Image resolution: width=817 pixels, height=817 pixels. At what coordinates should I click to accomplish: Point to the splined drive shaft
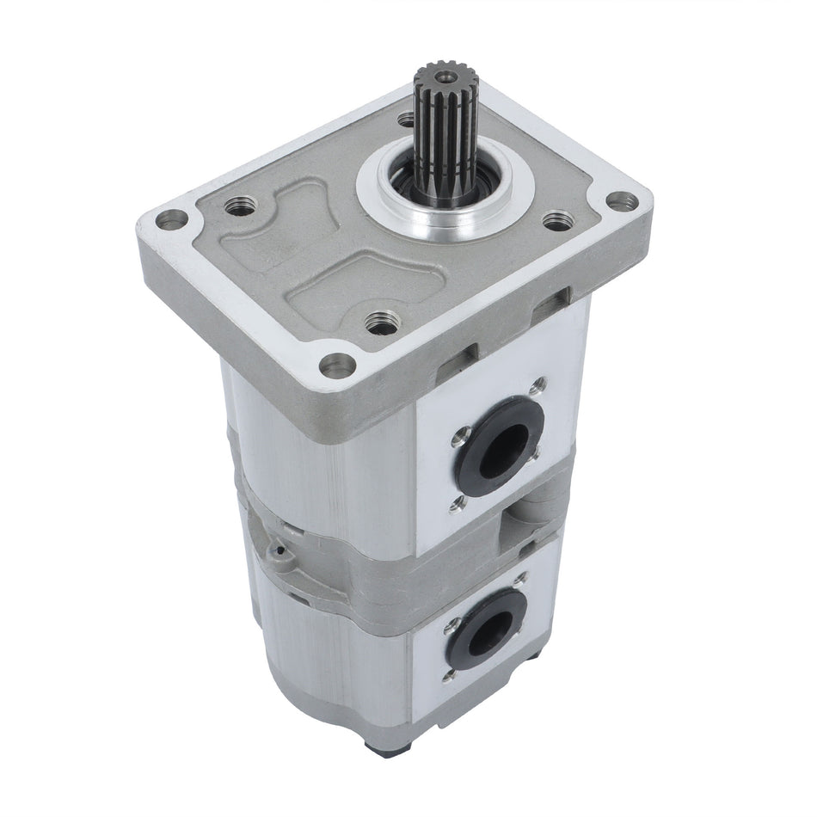(x=443, y=138)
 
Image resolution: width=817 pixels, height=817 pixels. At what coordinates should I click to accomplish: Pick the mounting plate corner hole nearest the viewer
(x=338, y=365)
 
